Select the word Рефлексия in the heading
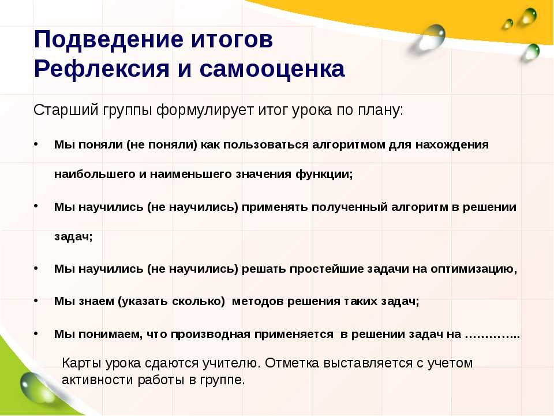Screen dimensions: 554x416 tap(102, 69)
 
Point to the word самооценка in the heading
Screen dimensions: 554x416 tap(272, 69)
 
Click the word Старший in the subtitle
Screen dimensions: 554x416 tap(66, 110)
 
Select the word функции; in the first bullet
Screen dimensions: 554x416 tap(324, 174)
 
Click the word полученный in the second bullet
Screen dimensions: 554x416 tap(350, 207)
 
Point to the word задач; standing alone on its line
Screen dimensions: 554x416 tap(73, 236)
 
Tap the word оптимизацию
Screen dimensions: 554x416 tap(473, 269)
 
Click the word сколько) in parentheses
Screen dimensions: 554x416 tap(199, 302)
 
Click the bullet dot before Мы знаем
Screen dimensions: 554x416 tap(36, 300)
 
